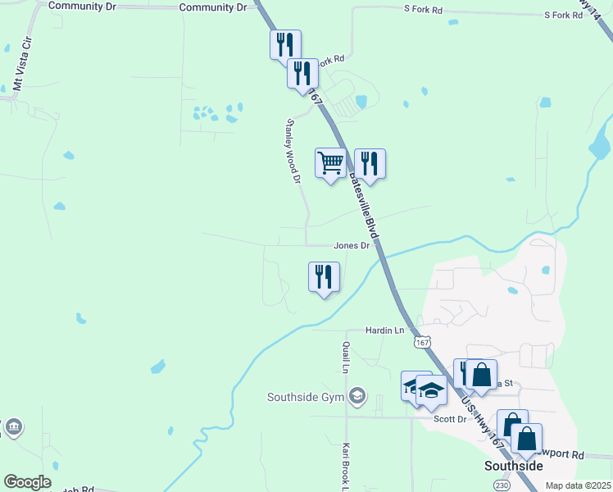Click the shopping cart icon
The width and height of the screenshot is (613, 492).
(330, 162)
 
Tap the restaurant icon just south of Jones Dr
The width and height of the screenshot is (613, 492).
(324, 276)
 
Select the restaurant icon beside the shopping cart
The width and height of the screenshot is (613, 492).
(370, 163)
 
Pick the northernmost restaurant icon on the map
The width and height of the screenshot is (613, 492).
(285, 44)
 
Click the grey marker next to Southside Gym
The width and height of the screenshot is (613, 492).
(356, 397)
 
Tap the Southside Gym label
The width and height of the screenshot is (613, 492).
(304, 398)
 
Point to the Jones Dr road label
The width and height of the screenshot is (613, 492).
(352, 245)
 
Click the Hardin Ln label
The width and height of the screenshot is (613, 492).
(385, 330)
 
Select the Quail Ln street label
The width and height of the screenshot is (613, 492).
(347, 357)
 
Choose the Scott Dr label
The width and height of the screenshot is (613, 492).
(449, 418)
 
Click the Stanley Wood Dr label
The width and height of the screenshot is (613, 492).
(293, 151)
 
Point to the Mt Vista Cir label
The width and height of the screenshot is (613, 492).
(17, 71)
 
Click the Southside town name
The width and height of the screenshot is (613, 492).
(514, 466)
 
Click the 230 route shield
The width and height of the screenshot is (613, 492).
(502, 485)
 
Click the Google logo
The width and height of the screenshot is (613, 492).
(27, 482)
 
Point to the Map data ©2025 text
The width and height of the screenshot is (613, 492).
(578, 485)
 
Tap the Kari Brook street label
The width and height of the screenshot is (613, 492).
(346, 464)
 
